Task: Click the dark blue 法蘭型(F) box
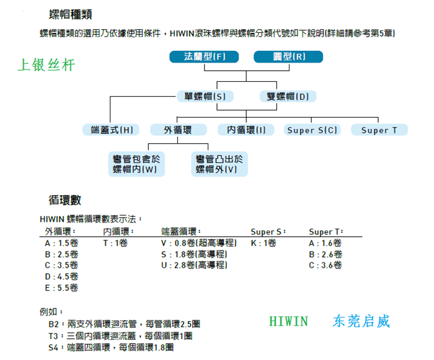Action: [204, 57]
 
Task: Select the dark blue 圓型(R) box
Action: [288, 57]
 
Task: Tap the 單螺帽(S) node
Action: [205, 96]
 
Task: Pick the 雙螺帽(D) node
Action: [288, 96]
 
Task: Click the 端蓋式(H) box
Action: [111, 130]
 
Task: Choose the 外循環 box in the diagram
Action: [179, 130]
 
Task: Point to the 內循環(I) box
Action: [246, 130]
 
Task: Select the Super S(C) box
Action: [312, 130]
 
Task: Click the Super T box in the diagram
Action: [379, 130]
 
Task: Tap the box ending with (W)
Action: [136, 164]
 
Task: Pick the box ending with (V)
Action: [219, 164]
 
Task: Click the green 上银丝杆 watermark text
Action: [46, 65]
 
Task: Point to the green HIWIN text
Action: [288, 322]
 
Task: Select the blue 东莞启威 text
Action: [361, 321]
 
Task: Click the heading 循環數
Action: [64, 200]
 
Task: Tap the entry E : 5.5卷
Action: [61, 288]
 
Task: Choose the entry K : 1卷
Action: [263, 244]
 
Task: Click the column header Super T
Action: [326, 232]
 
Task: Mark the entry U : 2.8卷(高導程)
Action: [194, 265]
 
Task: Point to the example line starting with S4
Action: [111, 347]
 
